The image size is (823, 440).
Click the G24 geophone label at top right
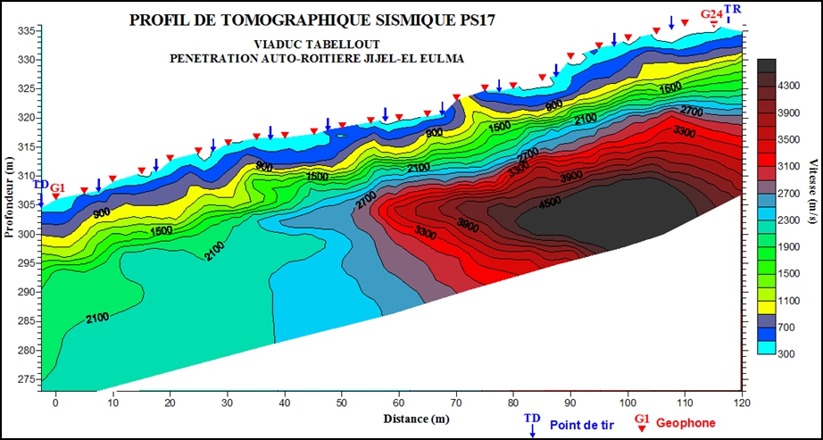pyautogui.click(x=711, y=13)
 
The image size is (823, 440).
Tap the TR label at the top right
pyautogui.click(x=733, y=8)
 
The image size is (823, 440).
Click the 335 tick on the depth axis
pyautogui.click(x=28, y=31)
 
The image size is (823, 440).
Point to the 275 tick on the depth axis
pyautogui.click(x=28, y=378)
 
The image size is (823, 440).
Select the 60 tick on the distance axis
pyautogui.click(x=399, y=402)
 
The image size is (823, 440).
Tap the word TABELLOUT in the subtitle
pyautogui.click(x=348, y=44)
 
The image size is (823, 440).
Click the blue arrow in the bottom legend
pyautogui.click(x=532, y=430)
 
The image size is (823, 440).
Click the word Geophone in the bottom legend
pyautogui.click(x=686, y=422)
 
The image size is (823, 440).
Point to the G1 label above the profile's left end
pyautogui.click(x=57, y=188)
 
